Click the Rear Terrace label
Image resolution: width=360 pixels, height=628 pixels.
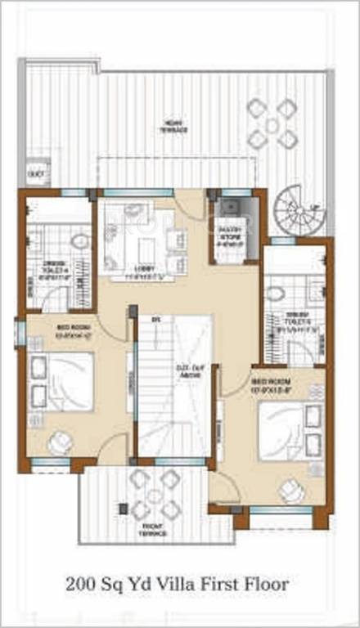point(173,127)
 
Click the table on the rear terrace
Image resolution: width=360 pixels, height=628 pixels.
point(272,123)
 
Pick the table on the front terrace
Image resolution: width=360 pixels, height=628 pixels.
point(155,495)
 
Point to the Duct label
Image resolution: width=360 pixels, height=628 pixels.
point(35,173)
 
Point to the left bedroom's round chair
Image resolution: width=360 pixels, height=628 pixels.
point(59,442)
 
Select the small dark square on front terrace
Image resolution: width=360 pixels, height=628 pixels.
point(124,509)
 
